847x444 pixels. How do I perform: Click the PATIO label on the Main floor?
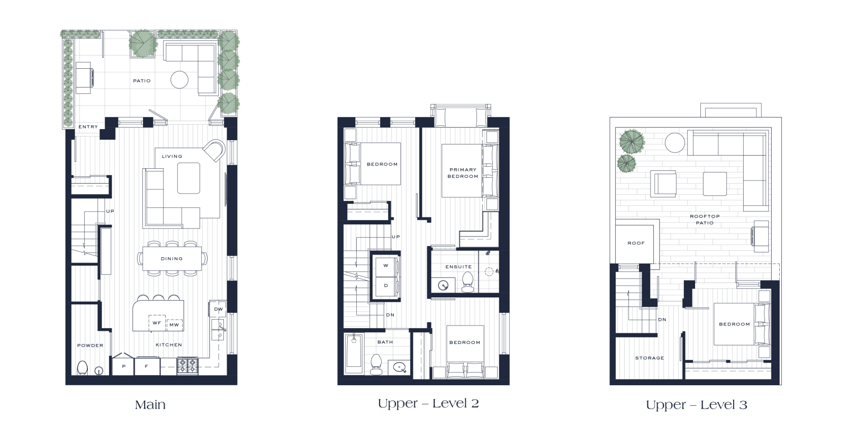click(142, 81)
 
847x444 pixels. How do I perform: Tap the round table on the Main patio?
click(179, 80)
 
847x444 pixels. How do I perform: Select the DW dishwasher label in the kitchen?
click(219, 309)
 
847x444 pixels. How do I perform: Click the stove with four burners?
click(187, 366)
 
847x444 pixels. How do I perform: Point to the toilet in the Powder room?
click(83, 367)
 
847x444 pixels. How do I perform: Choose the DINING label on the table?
click(172, 259)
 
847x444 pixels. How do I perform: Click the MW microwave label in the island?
click(174, 325)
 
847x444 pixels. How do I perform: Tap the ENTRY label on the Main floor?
click(88, 127)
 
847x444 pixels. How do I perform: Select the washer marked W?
click(386, 266)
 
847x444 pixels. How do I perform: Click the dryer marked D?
click(386, 286)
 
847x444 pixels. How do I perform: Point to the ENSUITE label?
click(458, 267)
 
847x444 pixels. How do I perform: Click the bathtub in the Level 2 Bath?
click(354, 353)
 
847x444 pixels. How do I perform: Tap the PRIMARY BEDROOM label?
click(463, 173)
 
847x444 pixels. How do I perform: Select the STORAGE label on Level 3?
click(650, 358)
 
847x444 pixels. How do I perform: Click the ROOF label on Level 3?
click(636, 243)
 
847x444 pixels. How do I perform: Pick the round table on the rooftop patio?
click(674, 143)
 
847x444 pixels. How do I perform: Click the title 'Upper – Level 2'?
click(428, 404)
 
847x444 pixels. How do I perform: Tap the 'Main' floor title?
click(150, 405)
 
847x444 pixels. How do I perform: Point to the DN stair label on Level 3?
click(662, 320)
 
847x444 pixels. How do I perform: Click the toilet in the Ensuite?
click(468, 282)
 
